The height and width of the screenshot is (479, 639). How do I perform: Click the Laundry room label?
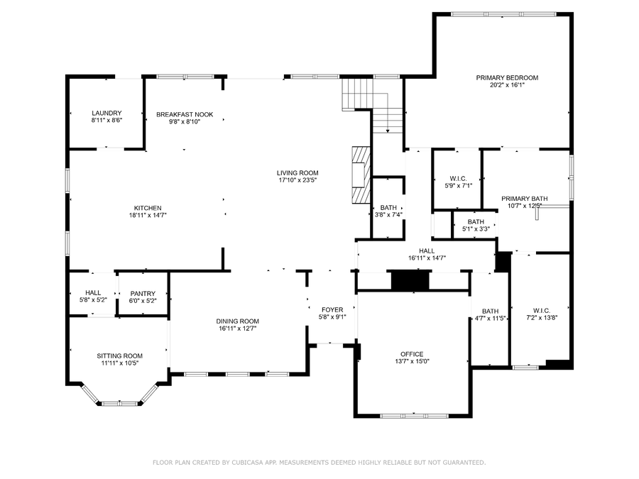(x=106, y=114)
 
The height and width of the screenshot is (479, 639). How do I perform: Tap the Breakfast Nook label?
(x=185, y=114)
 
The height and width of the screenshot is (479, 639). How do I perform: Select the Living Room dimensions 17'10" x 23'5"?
(x=297, y=180)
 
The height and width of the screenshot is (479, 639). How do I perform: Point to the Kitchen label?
(x=148, y=208)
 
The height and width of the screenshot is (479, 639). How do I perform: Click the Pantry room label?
(x=143, y=294)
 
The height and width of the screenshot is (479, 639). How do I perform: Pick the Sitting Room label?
(x=120, y=356)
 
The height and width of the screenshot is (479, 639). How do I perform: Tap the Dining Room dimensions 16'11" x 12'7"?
(x=238, y=329)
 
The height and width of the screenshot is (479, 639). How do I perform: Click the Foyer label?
(x=332, y=310)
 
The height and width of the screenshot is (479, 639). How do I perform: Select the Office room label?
(x=412, y=354)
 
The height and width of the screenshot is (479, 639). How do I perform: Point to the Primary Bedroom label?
(x=508, y=78)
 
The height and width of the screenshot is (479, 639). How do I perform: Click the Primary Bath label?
(x=525, y=199)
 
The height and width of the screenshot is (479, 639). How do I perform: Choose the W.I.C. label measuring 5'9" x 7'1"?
(x=459, y=179)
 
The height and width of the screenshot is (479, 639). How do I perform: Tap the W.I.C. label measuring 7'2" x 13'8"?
(x=542, y=311)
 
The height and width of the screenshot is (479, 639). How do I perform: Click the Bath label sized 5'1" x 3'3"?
(x=476, y=222)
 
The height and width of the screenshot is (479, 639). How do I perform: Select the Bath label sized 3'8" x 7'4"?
(x=388, y=208)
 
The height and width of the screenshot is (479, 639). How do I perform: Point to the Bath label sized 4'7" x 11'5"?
(x=490, y=312)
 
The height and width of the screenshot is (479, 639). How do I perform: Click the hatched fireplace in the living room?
(x=361, y=175)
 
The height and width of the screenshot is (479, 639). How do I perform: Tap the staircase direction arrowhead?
(x=388, y=131)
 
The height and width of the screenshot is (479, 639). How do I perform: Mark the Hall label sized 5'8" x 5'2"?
(x=93, y=293)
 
